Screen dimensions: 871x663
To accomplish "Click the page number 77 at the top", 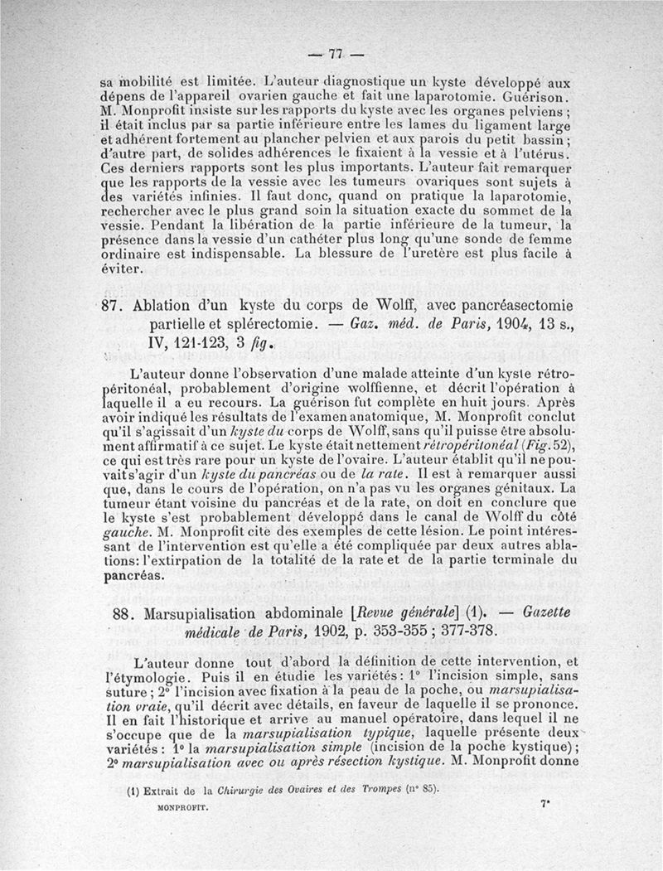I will (x=335, y=56).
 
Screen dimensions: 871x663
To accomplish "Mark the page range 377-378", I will (x=457, y=632).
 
